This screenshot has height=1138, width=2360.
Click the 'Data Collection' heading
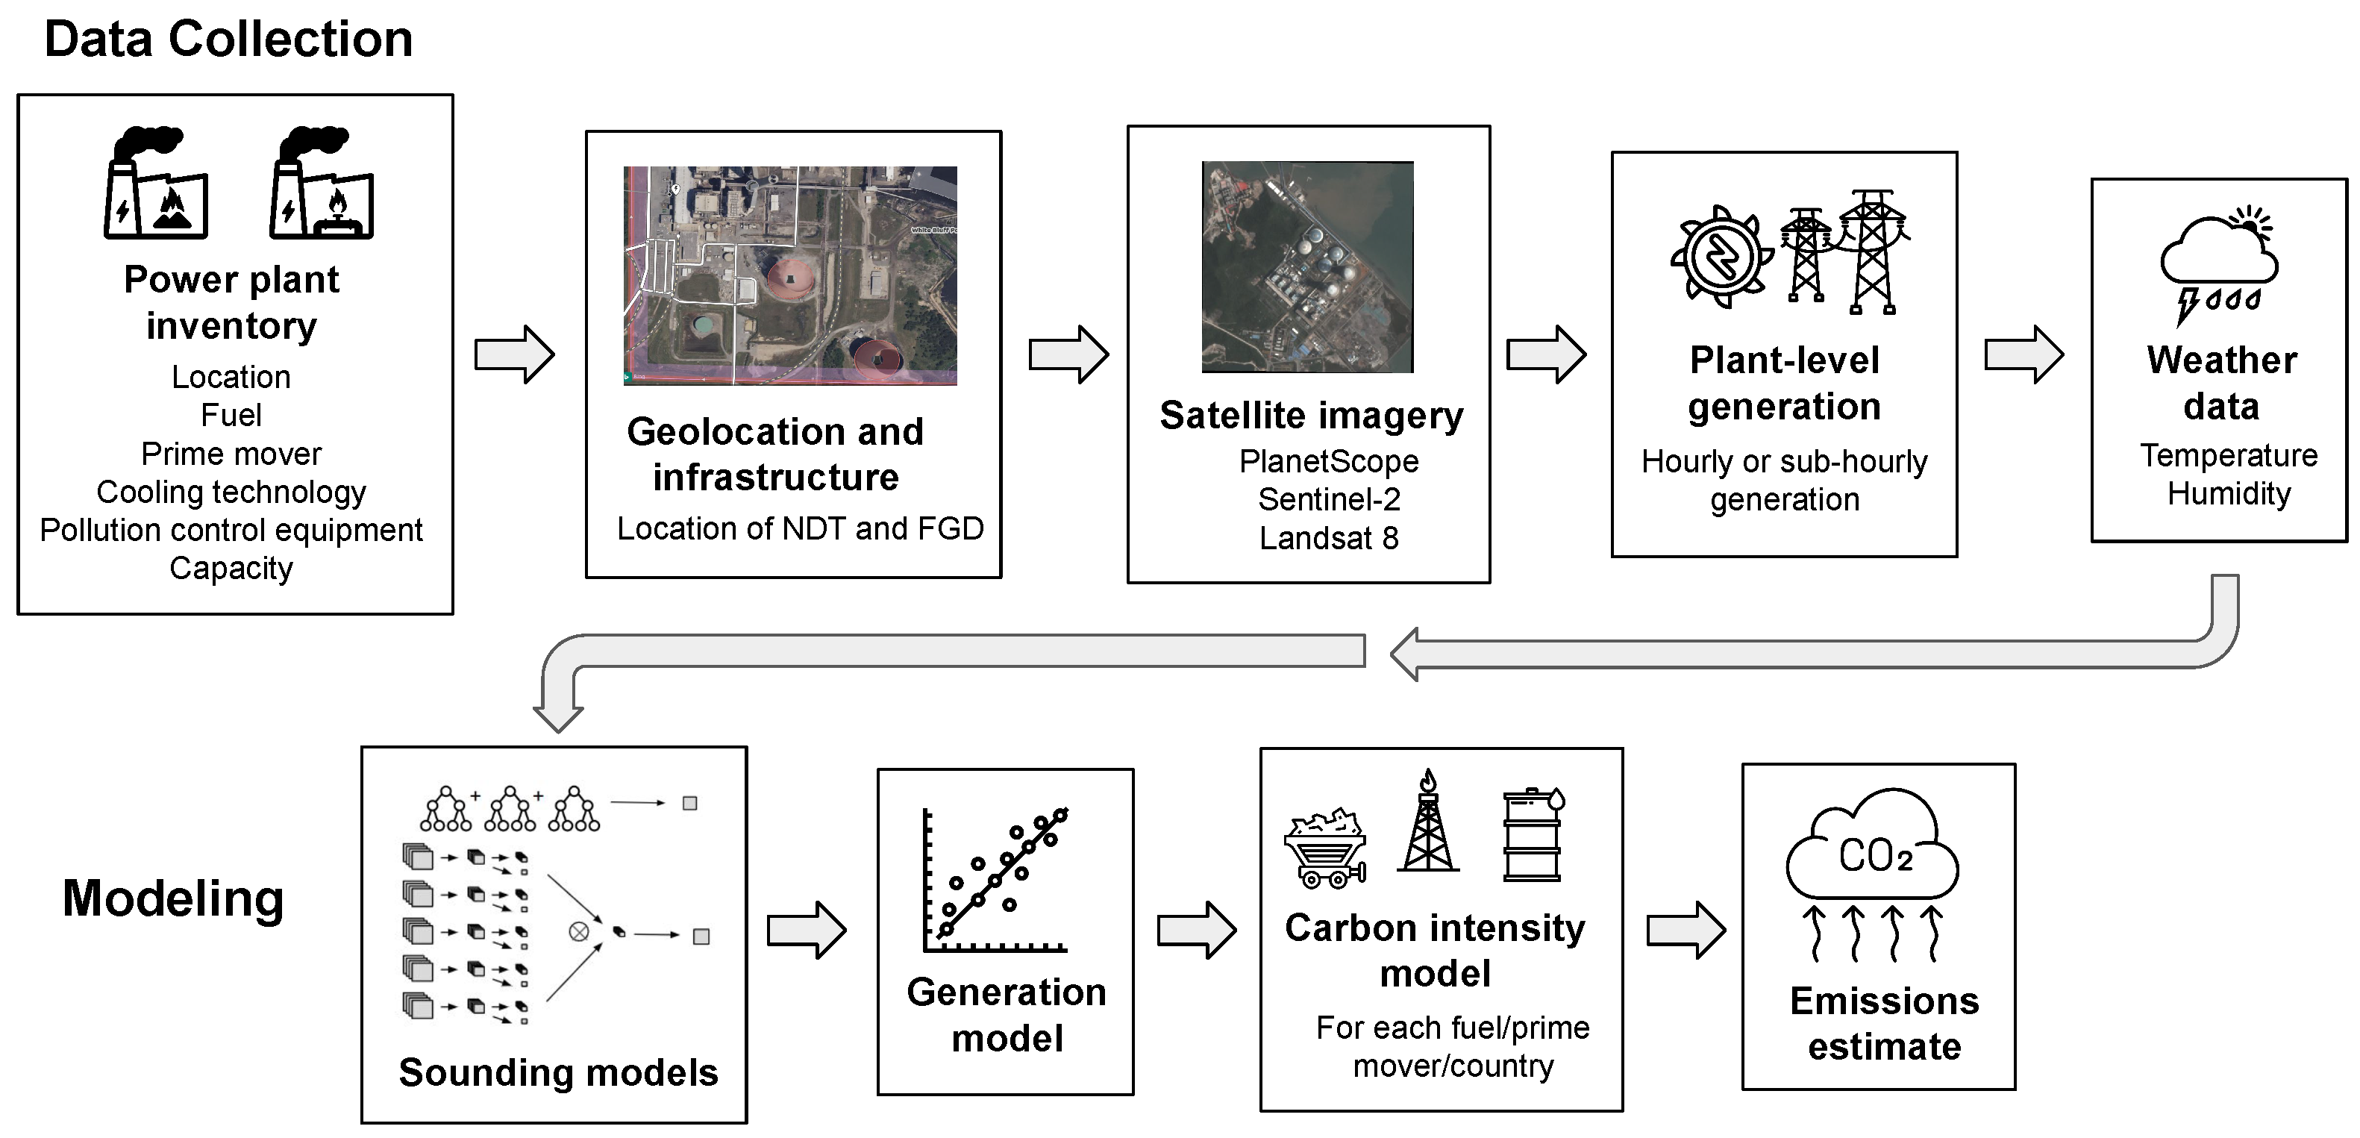click(x=228, y=40)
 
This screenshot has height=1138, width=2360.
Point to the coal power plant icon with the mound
click(x=156, y=184)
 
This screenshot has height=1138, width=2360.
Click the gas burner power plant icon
click(x=321, y=184)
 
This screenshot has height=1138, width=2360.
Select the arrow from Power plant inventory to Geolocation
click(x=514, y=354)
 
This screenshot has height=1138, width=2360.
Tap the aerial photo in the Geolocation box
click(x=789, y=275)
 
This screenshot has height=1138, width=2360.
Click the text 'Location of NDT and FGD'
click(x=800, y=528)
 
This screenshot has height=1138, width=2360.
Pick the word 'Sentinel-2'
click(x=1328, y=499)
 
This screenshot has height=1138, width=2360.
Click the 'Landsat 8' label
click(x=1328, y=538)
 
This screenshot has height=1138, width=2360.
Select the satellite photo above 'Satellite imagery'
click(x=1307, y=266)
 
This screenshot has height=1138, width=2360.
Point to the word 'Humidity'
click(x=2228, y=494)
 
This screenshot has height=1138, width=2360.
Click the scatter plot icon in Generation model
click(x=997, y=881)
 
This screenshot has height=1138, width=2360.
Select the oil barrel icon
click(x=1533, y=835)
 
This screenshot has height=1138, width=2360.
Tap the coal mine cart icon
click(x=1326, y=848)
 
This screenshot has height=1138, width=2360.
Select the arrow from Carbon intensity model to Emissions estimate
click(x=1685, y=930)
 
